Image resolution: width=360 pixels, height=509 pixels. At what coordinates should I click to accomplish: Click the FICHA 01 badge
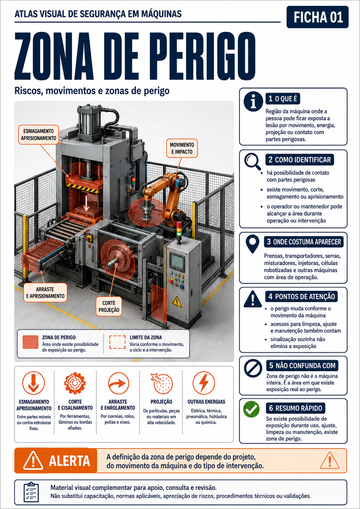tap(317, 17)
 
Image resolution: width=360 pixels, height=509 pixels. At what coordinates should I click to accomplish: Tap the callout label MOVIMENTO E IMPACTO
tap(182, 148)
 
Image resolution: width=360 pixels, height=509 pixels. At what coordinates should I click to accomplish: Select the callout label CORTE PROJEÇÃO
tap(109, 306)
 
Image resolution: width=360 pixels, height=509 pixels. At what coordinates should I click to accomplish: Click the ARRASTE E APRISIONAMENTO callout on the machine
tap(45, 293)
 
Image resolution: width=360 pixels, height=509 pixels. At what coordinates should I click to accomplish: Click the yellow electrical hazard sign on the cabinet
tap(177, 301)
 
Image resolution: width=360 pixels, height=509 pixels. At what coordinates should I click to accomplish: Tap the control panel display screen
tap(177, 260)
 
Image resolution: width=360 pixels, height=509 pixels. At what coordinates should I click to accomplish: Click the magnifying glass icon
tap(253, 162)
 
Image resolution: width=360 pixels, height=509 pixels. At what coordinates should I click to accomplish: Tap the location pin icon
tap(252, 244)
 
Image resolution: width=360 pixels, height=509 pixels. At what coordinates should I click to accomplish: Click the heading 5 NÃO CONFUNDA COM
tap(302, 366)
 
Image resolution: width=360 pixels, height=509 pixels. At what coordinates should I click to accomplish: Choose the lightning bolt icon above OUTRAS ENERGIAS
tap(204, 383)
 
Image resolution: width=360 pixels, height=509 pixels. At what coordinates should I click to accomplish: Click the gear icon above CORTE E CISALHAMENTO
tap(75, 383)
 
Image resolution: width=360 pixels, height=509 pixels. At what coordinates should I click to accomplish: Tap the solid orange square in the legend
tap(30, 342)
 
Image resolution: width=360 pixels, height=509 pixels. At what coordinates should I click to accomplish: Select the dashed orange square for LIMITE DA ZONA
tap(117, 342)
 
